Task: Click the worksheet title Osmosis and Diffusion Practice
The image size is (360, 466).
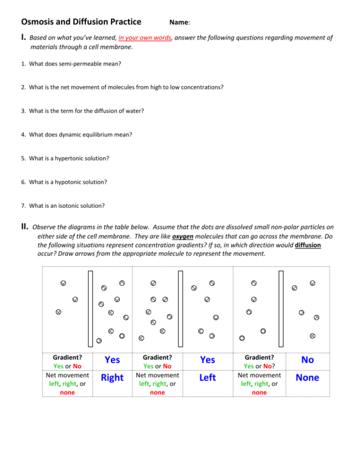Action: click(81, 22)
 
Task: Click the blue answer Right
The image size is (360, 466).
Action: click(112, 378)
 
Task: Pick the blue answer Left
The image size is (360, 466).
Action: click(207, 378)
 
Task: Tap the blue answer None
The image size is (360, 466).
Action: click(307, 378)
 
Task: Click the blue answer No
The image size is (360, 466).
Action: click(307, 360)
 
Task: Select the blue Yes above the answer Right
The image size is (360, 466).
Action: click(112, 360)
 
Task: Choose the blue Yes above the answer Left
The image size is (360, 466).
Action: click(207, 360)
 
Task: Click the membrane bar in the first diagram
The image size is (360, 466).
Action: click(90, 308)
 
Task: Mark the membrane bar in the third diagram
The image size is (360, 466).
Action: click(281, 308)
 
